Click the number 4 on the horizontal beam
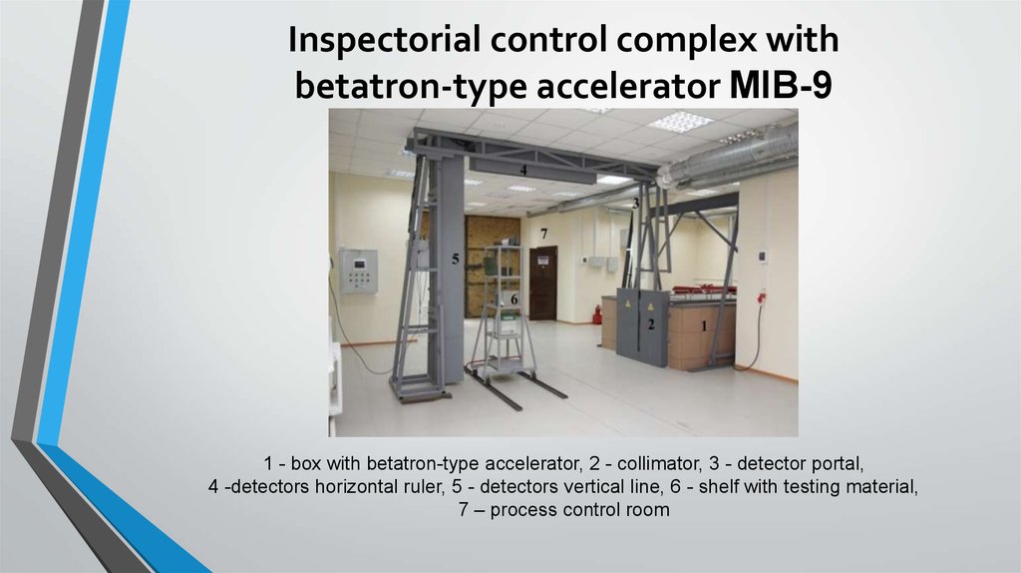[521, 171]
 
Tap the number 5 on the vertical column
[455, 259]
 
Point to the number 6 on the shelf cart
[514, 297]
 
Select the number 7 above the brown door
[543, 234]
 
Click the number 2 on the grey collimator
[650, 323]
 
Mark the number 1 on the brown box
[704, 325]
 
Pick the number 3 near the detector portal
[635, 203]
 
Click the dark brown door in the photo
[542, 283]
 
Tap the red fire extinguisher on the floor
[597, 316]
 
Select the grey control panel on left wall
[358, 271]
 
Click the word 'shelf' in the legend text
[719, 487]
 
